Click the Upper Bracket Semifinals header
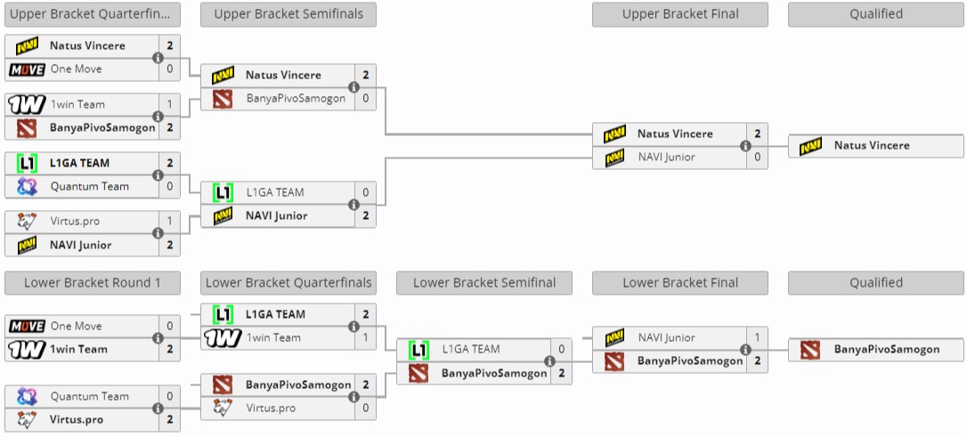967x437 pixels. tap(288, 14)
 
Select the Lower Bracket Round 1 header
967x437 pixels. tap(92, 283)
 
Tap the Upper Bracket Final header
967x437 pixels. tap(679, 14)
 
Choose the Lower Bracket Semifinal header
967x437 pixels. tap(483, 283)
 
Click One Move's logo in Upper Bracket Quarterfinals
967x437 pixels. tap(26, 69)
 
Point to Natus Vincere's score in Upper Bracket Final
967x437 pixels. tap(757, 134)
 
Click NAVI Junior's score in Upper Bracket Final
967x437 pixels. tap(757, 158)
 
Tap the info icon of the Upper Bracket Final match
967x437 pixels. tap(745, 146)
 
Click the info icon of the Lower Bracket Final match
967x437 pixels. tap(745, 350)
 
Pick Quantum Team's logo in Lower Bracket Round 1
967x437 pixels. tap(26, 397)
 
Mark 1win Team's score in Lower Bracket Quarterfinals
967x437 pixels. tap(365, 338)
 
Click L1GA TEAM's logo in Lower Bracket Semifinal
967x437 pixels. tap(418, 350)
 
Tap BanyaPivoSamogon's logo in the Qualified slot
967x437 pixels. tap(809, 350)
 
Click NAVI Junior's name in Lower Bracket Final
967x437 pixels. tap(666, 338)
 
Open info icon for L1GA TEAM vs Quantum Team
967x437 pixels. tap(158, 174)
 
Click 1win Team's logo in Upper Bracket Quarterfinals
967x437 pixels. tap(26, 105)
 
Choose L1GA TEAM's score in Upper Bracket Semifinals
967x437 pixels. tap(365, 192)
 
